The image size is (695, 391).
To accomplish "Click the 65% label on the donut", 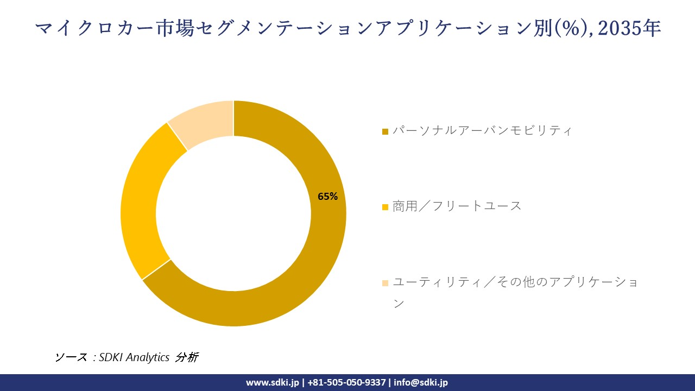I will [327, 197].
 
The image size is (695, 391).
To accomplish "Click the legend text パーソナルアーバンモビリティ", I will [482, 131].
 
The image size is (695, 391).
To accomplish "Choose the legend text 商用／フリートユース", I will [457, 206].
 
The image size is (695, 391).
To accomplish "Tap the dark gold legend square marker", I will [386, 131].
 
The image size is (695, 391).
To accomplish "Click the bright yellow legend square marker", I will [386, 207].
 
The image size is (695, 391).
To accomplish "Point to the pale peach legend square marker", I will [386, 282].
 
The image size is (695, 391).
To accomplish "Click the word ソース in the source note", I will [71, 357].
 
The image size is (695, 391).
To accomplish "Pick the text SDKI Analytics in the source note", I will [134, 357].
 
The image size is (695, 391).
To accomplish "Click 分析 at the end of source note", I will [187, 357].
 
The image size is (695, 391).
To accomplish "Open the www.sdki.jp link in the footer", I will [273, 382].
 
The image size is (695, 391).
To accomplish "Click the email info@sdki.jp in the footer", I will [421, 382].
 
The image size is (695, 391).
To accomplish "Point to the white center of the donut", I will [233, 213].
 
